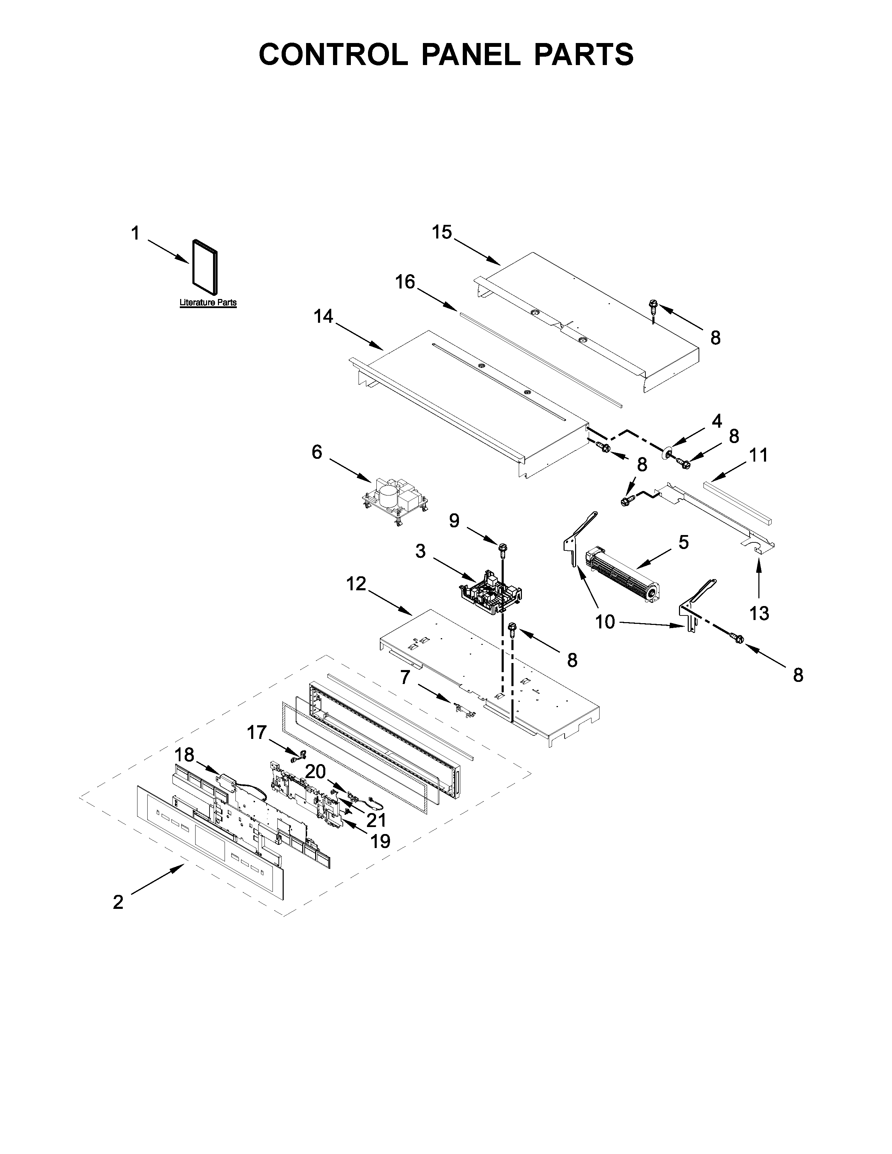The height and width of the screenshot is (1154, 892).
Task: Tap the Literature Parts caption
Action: pyautogui.click(x=208, y=303)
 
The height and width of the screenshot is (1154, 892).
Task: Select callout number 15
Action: pyautogui.click(x=442, y=232)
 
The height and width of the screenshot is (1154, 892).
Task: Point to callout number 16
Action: pyautogui.click(x=405, y=282)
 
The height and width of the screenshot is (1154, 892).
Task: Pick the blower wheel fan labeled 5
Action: pyautogui.click(x=624, y=580)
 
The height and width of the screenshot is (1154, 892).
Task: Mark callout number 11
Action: pyautogui.click(x=759, y=455)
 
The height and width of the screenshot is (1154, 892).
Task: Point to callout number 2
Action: pyautogui.click(x=118, y=902)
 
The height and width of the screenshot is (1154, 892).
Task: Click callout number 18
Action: pyautogui.click(x=184, y=755)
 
